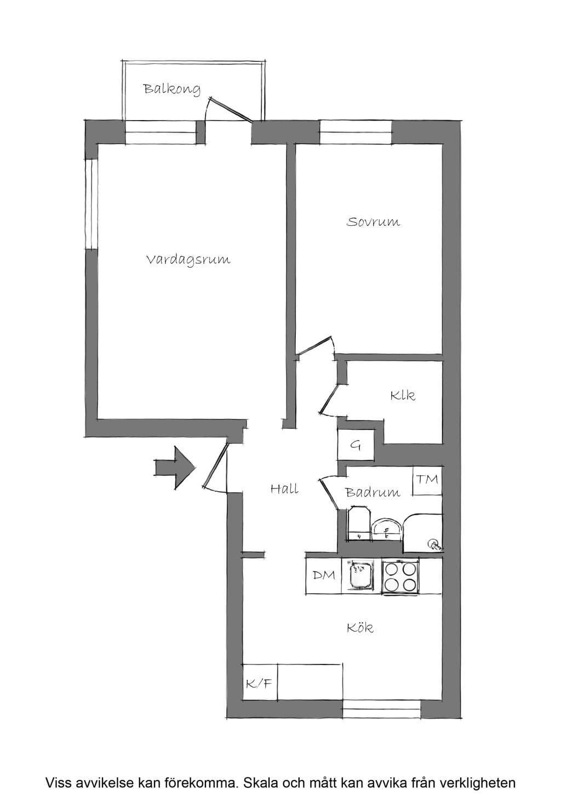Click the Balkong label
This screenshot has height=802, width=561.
(x=172, y=89)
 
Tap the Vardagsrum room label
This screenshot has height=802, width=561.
(x=188, y=260)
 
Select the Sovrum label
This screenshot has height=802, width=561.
(x=373, y=221)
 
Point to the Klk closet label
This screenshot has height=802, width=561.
(x=403, y=395)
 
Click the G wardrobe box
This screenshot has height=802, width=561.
(x=356, y=445)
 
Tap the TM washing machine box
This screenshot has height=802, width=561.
(x=427, y=480)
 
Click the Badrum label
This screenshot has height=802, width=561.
(x=373, y=492)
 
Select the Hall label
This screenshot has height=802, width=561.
(x=285, y=489)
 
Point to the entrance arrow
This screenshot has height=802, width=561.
(x=175, y=468)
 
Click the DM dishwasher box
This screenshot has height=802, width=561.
(x=323, y=576)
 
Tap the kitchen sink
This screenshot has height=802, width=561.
(x=358, y=575)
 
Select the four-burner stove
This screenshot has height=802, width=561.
(x=400, y=576)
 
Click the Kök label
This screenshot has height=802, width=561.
(x=360, y=638)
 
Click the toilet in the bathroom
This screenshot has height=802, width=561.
(x=359, y=523)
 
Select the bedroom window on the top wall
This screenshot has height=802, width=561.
(x=356, y=133)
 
